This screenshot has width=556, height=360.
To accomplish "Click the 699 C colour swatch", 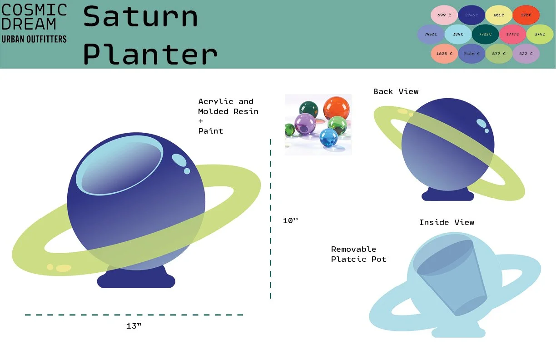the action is tap(444, 15).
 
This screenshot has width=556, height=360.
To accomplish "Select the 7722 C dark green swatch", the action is tap(485, 35).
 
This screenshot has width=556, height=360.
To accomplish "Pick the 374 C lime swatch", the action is tap(540, 35).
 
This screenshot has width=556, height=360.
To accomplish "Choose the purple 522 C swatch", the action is tap(526, 54).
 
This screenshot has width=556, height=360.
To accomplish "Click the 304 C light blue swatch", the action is tap(458, 35).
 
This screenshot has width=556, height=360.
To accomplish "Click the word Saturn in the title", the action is tap(140, 17).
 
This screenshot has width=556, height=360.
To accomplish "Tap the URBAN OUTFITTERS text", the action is tap(34, 39).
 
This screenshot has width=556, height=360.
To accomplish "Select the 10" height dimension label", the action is tap(290, 221).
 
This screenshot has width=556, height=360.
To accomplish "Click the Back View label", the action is tap(396, 91).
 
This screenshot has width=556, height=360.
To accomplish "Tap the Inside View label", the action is tap(447, 222).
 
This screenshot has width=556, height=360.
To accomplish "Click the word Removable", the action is tap(353, 249).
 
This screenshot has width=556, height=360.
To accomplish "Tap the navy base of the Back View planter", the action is tap(447, 195).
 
